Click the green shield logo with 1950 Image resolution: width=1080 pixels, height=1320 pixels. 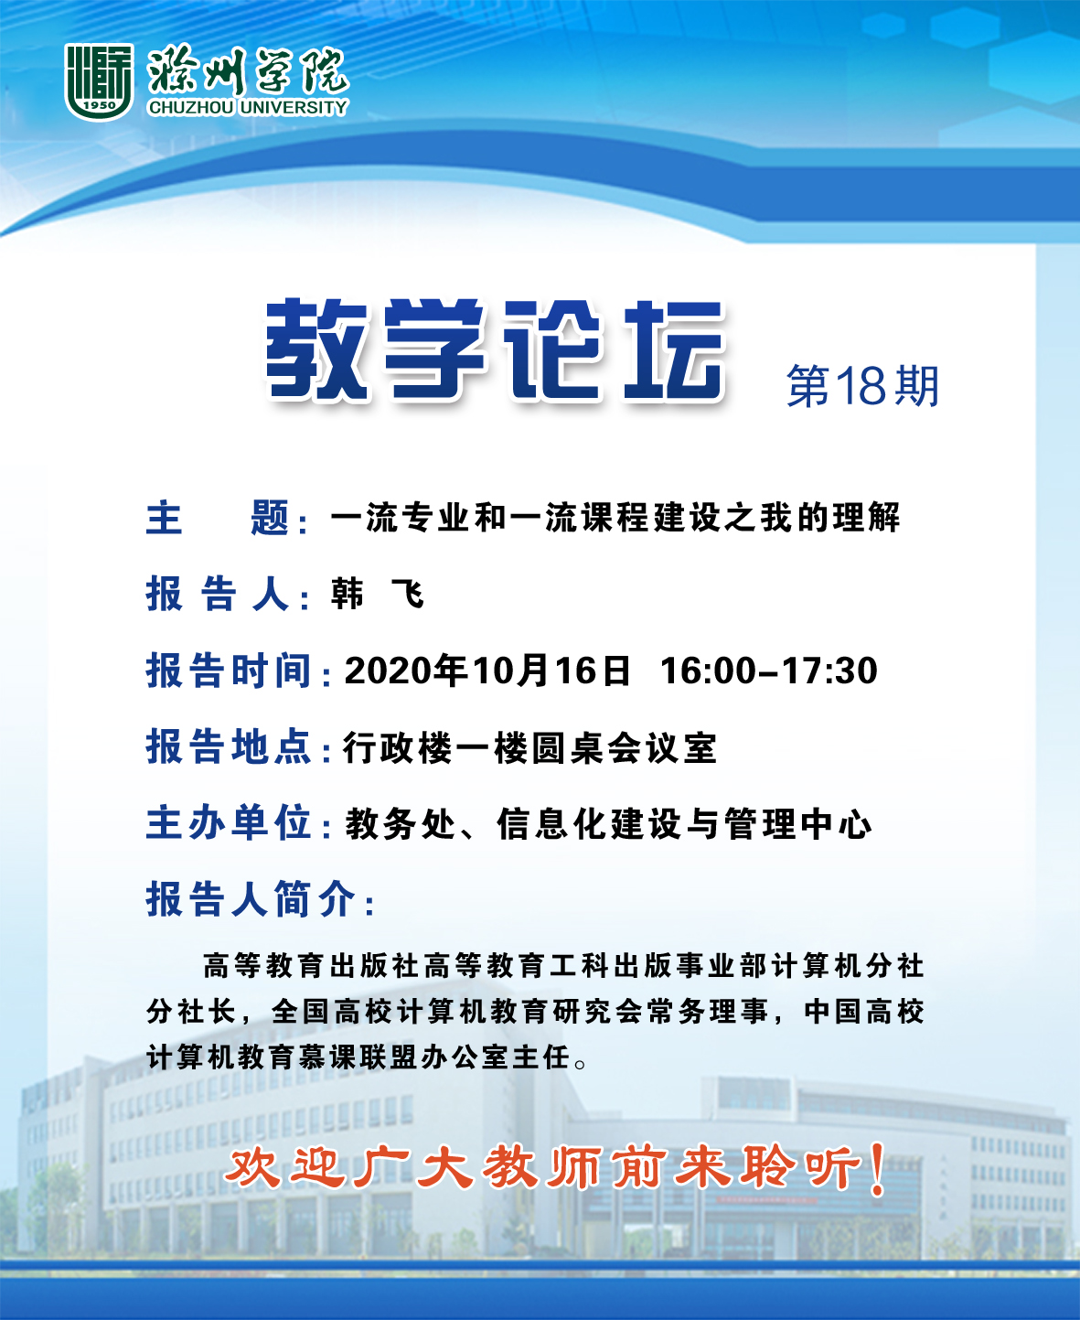point(99,81)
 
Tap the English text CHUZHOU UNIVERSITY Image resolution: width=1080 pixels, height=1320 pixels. point(248,108)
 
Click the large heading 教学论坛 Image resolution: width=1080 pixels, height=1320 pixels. point(495,349)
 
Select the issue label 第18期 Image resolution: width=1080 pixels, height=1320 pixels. point(863,386)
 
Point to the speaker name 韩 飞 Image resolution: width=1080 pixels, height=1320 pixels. point(379,594)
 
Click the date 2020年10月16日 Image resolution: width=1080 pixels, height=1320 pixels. point(487,671)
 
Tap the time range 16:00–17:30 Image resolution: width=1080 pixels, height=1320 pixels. point(769,671)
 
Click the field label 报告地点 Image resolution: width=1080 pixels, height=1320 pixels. point(229,746)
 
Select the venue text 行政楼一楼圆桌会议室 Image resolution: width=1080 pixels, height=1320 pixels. point(530,748)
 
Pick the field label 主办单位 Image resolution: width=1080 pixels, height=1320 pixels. point(229,822)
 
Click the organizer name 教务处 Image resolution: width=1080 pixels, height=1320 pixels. point(401,824)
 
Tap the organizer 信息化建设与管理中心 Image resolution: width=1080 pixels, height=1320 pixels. point(684,824)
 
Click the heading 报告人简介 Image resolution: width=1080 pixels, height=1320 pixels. point(251,899)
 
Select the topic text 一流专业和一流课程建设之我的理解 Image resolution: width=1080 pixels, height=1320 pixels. point(615,518)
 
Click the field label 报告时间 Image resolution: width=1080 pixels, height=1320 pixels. point(229,671)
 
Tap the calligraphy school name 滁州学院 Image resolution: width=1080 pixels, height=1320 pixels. point(248,70)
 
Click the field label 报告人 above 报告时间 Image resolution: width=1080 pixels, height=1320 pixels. point(219,594)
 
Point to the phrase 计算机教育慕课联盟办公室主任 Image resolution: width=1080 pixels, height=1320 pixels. point(358,1057)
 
